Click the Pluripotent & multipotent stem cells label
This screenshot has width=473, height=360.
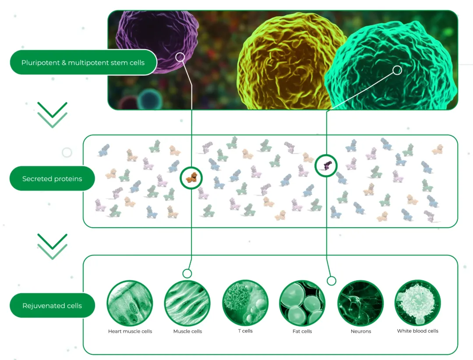coord(83,62)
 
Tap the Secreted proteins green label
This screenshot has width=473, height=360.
coord(52,179)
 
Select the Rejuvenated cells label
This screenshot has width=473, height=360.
coord(52,305)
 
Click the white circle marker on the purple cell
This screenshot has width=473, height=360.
coord(180,57)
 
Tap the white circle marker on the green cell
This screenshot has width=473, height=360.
coord(397,70)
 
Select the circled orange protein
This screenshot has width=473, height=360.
coord(191,178)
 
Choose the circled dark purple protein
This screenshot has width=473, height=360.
coord(326,166)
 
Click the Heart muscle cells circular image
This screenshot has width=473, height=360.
coord(130,303)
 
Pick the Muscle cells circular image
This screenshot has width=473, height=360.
coord(187,303)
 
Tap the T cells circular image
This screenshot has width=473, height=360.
coord(245,303)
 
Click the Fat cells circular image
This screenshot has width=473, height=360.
coord(302,303)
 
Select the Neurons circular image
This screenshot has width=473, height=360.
coord(360,303)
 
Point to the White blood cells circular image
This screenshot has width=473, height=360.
coord(418,303)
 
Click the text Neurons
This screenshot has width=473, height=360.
coord(360,332)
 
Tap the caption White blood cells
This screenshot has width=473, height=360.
coord(418,331)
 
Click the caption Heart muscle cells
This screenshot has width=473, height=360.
coord(130,332)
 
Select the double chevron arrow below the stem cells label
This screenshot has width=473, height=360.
coord(52,115)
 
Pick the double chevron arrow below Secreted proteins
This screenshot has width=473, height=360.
coord(52,247)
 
